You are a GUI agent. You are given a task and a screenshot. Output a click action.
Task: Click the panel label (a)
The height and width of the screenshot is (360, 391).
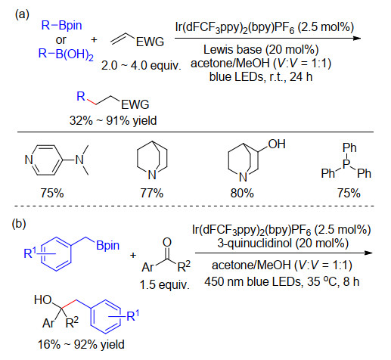pos(22,14)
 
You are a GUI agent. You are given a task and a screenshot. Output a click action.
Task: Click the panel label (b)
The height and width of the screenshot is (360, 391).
pos(19,224)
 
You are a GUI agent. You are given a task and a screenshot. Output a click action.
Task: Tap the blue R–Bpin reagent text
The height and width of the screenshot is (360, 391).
pos(61,26)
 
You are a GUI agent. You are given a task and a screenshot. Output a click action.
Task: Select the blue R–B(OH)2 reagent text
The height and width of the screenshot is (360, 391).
pos(66,54)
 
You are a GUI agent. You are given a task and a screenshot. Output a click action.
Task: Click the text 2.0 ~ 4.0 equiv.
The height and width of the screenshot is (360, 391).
pos(141,66)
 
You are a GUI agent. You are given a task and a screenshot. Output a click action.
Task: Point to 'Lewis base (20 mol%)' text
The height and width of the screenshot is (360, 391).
pos(261,50)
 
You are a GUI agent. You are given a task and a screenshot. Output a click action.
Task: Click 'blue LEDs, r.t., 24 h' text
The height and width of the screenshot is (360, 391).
pos(261,76)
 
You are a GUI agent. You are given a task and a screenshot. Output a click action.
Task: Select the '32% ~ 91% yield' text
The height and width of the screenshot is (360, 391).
pos(113,120)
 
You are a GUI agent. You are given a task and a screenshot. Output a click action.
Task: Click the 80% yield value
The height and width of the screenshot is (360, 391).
pos(242,193)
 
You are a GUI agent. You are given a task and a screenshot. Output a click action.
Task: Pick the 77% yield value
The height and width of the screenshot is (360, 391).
pos(152,193)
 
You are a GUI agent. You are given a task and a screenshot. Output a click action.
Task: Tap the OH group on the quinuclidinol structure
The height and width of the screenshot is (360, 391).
pos(277,144)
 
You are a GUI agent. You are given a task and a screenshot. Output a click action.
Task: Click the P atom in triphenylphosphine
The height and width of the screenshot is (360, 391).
pos(347,164)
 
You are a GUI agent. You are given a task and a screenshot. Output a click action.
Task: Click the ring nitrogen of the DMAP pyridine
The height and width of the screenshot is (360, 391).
pos(29,160)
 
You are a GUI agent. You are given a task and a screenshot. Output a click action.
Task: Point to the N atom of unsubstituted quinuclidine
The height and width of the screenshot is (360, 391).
pos(152,175)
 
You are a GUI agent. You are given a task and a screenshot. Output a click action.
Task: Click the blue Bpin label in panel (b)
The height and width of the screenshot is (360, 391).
pos(107,245)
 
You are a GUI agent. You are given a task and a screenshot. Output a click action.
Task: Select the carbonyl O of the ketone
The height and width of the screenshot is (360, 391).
pos(166,242)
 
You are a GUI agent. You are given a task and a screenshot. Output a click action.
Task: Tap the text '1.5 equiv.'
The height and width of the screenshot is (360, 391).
pos(164,285)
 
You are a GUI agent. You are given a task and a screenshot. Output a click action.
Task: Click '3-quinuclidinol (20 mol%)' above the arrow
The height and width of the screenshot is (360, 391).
pos(283,244)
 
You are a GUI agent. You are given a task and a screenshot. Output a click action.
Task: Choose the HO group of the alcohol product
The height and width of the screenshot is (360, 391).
pos(43,300)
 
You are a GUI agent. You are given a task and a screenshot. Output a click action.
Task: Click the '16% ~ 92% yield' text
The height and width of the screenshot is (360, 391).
pos(81,344)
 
